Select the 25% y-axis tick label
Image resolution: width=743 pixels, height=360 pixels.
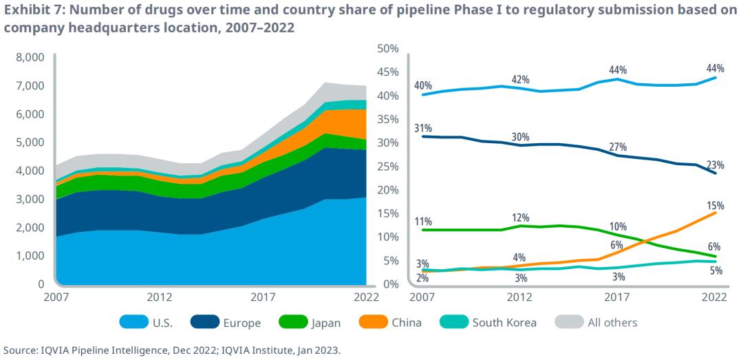click(x=389, y=166)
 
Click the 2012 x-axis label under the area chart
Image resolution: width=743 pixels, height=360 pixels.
click(x=159, y=297)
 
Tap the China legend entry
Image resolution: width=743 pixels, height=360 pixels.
click(x=406, y=322)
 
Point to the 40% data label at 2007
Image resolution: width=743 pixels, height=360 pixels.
click(x=423, y=86)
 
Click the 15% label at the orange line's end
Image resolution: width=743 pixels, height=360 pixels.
click(x=715, y=204)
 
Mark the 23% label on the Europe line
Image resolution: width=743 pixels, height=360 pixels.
click(x=715, y=165)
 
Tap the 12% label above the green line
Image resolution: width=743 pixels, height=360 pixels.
click(x=520, y=218)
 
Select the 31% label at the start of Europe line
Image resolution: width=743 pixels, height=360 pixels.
click(x=423, y=129)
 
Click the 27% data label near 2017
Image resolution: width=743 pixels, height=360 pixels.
click(x=617, y=147)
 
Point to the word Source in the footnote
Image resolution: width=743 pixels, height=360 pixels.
click(x=20, y=350)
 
